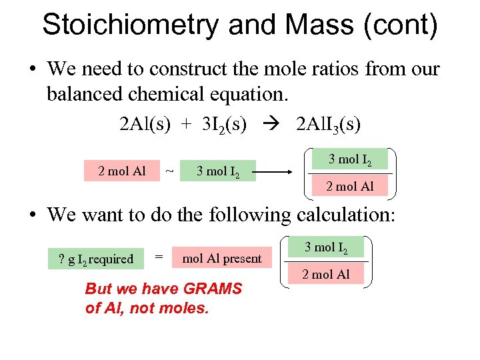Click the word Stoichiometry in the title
coord(130,26)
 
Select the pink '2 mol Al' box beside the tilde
coord(121,171)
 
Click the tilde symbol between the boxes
coord(169,171)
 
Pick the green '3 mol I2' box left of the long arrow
coord(218,171)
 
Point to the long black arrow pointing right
coord(273,171)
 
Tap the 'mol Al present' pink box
coord(222,259)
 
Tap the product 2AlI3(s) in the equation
coord(329,124)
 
